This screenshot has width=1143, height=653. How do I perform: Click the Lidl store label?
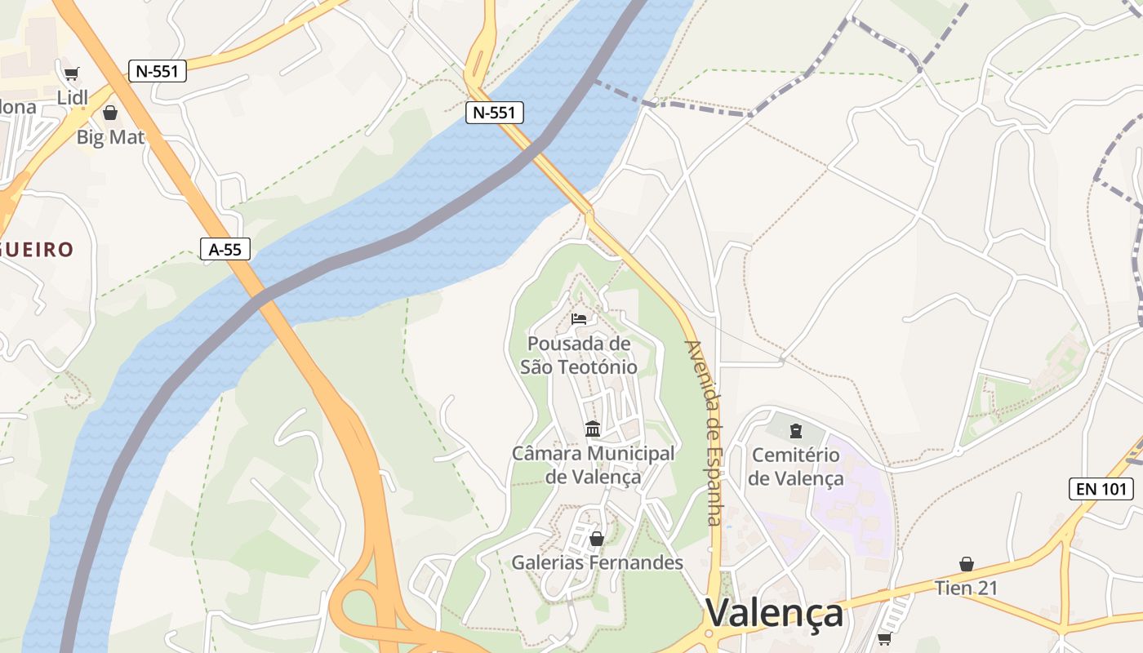pos(72,98)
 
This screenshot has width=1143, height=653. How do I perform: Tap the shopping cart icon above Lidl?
pos(71,74)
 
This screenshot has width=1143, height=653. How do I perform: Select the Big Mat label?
pos(110,137)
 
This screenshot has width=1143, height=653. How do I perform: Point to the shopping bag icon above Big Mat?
pos(110,113)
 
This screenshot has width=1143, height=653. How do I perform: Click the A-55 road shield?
pos(225,249)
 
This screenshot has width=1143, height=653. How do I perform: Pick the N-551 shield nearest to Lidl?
pos(158,71)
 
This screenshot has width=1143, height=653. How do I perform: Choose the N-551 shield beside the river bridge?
pos(495,113)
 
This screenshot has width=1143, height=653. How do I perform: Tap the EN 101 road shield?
pos(1101,489)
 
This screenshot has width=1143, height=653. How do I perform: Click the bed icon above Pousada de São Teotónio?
pos(579,318)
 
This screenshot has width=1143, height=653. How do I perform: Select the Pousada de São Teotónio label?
pos(579,355)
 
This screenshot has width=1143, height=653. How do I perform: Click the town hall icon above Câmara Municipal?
pos(593,429)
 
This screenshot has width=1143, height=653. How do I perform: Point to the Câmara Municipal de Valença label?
pos(593,464)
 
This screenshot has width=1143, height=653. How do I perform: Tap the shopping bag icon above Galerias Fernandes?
pos(597,539)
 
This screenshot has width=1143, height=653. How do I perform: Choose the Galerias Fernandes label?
pos(597,562)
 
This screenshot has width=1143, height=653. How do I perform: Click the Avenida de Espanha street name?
pos(704,433)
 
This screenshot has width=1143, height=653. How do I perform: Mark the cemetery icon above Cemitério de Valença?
pos(796,430)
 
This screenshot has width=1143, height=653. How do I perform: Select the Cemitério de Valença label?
pos(796,467)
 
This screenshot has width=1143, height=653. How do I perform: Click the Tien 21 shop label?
pos(967,588)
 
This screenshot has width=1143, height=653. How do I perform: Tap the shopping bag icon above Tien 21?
pos(967,564)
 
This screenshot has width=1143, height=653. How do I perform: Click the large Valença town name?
pos(774,613)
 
